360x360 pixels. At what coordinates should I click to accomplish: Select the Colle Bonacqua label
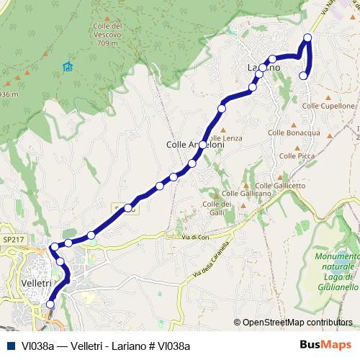click(x=294, y=133)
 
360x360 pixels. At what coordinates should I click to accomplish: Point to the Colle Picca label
click(x=297, y=156)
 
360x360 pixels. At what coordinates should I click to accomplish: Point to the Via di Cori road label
click(x=195, y=237)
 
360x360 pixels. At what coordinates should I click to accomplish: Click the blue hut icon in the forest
click(x=68, y=67)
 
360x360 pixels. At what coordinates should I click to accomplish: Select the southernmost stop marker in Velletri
click(x=50, y=305)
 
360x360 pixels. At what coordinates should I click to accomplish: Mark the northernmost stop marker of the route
click(x=308, y=37)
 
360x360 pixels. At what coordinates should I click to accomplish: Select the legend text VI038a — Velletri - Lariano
click(x=106, y=346)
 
